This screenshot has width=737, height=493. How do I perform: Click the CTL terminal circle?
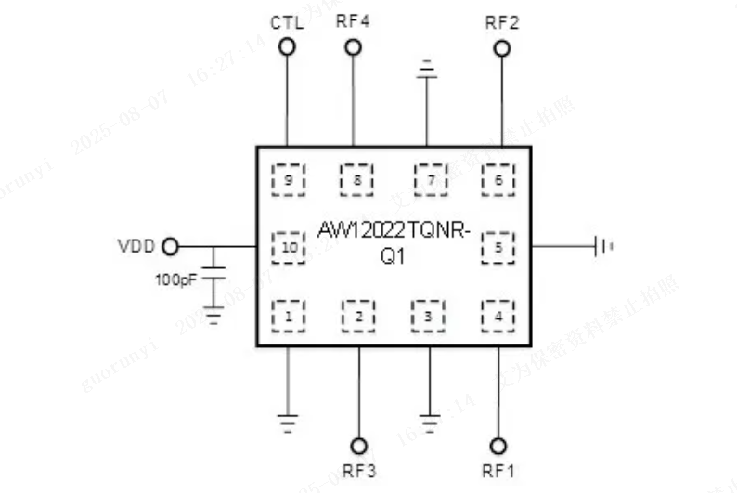pos(288,46)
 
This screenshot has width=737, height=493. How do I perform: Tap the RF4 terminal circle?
pos(353,46)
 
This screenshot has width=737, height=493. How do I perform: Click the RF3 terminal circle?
pos(358,445)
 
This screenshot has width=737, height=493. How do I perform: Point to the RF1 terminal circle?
pos(498,445)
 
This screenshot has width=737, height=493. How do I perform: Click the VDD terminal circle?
pos(170,246)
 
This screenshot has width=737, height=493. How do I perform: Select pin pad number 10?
pos(289,247)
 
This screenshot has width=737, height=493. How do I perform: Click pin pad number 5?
pos(498,247)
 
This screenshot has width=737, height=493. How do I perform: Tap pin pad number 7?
pos(430,179)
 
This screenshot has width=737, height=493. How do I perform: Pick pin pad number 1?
pos(289,316)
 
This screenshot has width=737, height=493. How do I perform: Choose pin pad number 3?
pos(428,316)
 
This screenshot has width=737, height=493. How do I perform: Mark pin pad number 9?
pos(289,179)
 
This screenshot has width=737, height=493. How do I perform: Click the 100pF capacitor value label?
pos(175,279)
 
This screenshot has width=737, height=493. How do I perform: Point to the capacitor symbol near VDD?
pos(213,274)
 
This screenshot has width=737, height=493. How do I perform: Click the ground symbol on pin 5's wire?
pos(604,247)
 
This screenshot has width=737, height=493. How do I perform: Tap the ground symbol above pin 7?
pos(427,69)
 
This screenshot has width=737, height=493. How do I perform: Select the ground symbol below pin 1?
pos(289,422)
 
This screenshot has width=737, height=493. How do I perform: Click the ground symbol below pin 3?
pos(428,422)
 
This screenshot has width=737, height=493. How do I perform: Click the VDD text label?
pos(136,247)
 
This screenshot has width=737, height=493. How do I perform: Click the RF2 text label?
pos(501,21)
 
